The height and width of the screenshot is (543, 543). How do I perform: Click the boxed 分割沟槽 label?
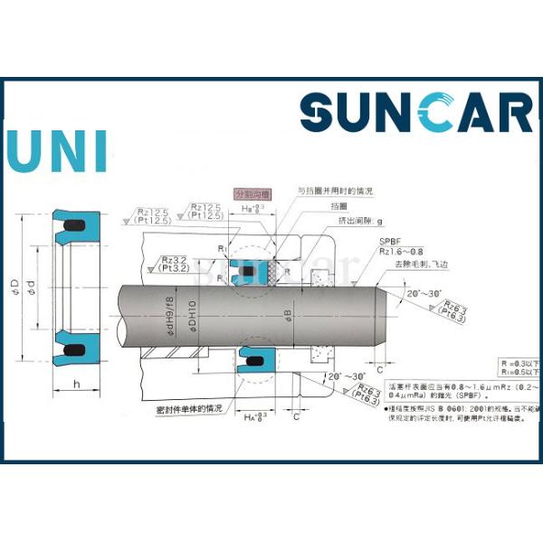[x=252, y=194]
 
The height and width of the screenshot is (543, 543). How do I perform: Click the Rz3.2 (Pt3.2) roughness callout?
[x=172, y=263]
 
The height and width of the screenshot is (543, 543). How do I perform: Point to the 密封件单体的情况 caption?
[x=188, y=408]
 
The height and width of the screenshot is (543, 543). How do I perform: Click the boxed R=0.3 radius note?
[x=520, y=361]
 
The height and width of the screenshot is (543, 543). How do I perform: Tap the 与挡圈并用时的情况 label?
[x=336, y=192]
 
